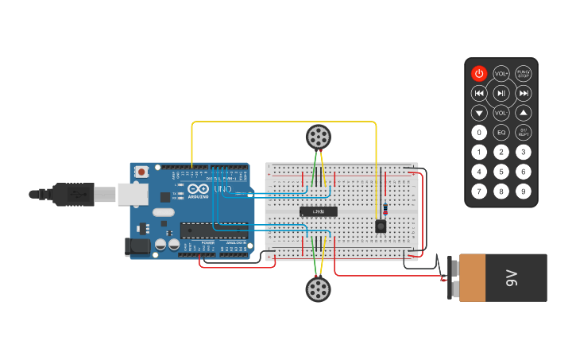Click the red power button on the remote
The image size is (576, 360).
point(478,74)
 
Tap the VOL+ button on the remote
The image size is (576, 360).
point(501,74)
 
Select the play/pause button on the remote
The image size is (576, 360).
point(501,93)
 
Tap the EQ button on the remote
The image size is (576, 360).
point(501,132)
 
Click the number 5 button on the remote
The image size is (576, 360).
point(501,171)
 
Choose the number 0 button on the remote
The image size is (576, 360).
point(478,132)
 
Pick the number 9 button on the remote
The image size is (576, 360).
point(524,191)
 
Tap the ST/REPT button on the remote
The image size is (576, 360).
point(524,132)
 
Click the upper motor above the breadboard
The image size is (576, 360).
point(318,137)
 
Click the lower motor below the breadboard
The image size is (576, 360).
point(318,288)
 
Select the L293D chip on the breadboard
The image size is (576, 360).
point(318,211)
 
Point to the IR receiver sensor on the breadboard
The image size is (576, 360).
point(381,226)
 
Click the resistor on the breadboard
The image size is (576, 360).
point(385,208)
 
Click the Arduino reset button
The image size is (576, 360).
point(141,171)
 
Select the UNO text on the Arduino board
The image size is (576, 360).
point(223,189)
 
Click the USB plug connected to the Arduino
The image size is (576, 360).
point(75,193)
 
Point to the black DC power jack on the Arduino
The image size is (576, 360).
point(137,246)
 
